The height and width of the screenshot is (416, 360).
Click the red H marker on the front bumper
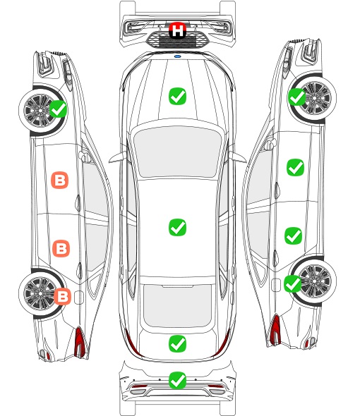[177, 30]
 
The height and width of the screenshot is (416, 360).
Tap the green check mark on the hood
[177, 96]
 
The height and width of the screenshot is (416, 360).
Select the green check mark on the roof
[177, 227]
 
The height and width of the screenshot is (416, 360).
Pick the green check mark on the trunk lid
[177, 343]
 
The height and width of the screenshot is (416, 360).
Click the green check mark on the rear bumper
[177, 381]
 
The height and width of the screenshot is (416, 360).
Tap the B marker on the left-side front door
[60, 180]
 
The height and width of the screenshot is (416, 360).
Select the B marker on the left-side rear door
[61, 248]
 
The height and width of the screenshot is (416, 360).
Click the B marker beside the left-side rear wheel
[62, 296]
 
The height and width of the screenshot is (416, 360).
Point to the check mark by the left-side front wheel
[59, 109]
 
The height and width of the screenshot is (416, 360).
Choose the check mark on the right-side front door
[296, 167]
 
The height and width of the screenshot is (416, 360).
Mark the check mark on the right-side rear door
[294, 235]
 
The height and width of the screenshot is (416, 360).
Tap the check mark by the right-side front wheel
[296, 97]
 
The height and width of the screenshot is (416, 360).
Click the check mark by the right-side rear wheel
[293, 283]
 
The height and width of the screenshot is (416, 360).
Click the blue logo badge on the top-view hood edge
[177, 56]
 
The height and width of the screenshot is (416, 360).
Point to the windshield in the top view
[177, 152]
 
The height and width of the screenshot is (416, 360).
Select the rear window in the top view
[177, 305]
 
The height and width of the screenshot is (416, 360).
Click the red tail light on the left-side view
[80, 342]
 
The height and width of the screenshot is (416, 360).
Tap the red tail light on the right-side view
[275, 330]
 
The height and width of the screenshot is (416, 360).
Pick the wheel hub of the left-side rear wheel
[40, 293]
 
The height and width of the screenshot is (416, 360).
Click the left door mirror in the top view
[118, 157]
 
